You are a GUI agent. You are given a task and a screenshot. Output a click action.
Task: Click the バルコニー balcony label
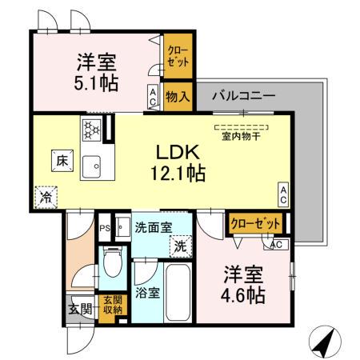(x=243, y=95)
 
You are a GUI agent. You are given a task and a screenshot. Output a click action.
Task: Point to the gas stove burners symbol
(x=90, y=128)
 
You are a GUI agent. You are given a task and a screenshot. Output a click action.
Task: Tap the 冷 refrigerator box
(x=46, y=194)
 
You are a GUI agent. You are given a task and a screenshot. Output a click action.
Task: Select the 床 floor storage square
(x=61, y=160)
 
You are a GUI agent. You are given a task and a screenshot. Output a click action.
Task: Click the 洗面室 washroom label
(x=152, y=226)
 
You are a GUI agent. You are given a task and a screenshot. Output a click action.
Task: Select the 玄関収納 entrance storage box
(x=112, y=305)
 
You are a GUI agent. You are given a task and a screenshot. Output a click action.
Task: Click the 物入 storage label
(x=178, y=97)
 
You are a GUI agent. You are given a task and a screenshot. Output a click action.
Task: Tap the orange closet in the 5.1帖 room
(x=177, y=57)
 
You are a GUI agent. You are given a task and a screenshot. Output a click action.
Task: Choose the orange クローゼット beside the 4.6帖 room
(x=256, y=223)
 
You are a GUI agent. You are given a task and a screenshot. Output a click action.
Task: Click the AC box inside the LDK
(x=283, y=193)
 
